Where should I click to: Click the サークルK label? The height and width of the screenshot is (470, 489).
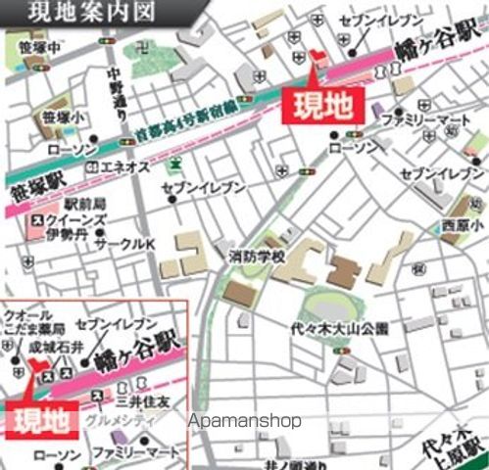point(124,242)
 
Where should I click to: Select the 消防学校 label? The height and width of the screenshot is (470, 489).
point(257,256)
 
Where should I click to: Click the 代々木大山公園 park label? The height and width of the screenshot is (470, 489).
point(339,328)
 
